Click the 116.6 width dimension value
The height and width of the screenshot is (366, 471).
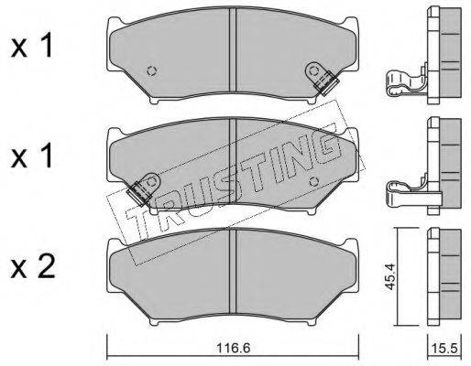coord(233,348)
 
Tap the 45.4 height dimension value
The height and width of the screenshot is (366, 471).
coord(390,276)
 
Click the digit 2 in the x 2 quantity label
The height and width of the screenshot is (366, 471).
coord(47,268)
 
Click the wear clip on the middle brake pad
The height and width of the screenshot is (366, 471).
coord(144,188)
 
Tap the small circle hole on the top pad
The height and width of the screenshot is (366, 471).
coord(152,71)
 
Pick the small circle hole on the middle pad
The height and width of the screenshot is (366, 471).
coord(313,182)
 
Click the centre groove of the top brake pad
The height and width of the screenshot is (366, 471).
coord(233,49)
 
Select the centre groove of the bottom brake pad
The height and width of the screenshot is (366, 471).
coord(233,272)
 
